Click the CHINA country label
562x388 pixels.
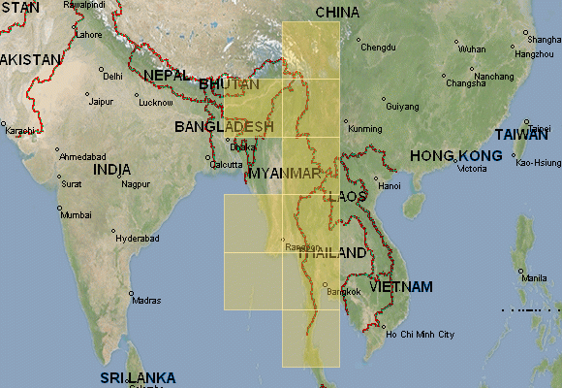[337, 13]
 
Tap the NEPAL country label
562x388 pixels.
[168, 76]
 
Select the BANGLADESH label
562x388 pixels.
[224, 127]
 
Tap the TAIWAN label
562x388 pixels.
[520, 135]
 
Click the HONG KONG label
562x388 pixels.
[455, 156]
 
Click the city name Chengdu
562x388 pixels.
[378, 47]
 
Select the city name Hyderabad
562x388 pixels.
[137, 237]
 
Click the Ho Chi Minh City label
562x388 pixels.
[420, 335]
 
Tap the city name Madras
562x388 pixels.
[146, 301]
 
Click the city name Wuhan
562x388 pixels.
[472, 48]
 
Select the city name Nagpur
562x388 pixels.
[137, 183]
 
